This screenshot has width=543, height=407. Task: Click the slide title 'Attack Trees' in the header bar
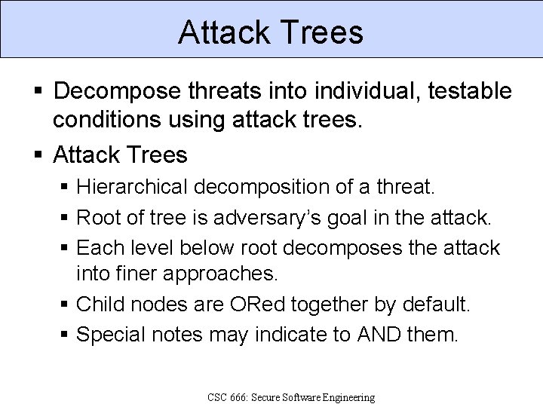click(x=271, y=32)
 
